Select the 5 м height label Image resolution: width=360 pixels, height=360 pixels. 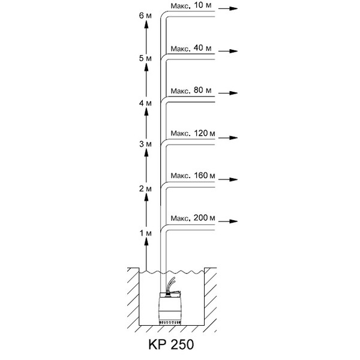tap(145, 59)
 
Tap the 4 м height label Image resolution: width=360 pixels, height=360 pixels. tap(145, 103)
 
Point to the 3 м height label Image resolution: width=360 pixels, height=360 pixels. tap(145, 145)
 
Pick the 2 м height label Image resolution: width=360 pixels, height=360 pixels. tap(145, 189)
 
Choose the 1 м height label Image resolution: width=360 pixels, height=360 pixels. tap(145, 232)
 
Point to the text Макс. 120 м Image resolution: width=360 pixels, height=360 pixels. tap(192, 133)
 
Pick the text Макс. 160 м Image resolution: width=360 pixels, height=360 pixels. tap(192, 176)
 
